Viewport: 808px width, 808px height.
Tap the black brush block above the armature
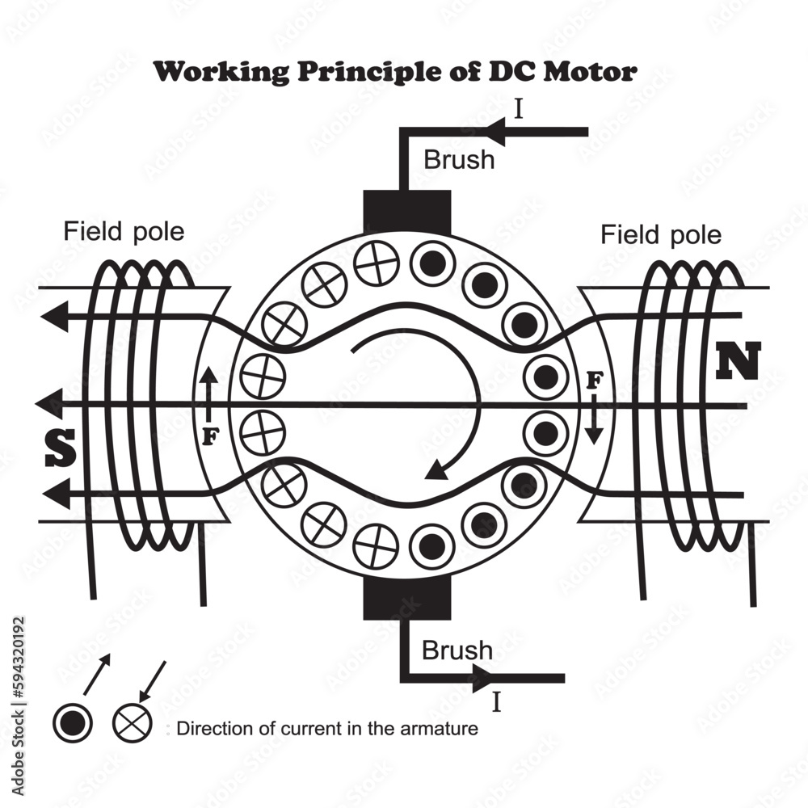(x=406, y=213)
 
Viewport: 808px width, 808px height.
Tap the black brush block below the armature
(x=406, y=600)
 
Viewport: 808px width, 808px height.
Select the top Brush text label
(x=458, y=159)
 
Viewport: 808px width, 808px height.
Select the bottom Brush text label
(x=457, y=650)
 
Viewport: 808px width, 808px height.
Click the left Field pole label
(x=124, y=232)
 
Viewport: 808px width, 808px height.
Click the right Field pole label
(x=661, y=235)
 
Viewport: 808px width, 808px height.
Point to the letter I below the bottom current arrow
(x=497, y=702)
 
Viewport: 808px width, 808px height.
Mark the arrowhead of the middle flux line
(x=50, y=402)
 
